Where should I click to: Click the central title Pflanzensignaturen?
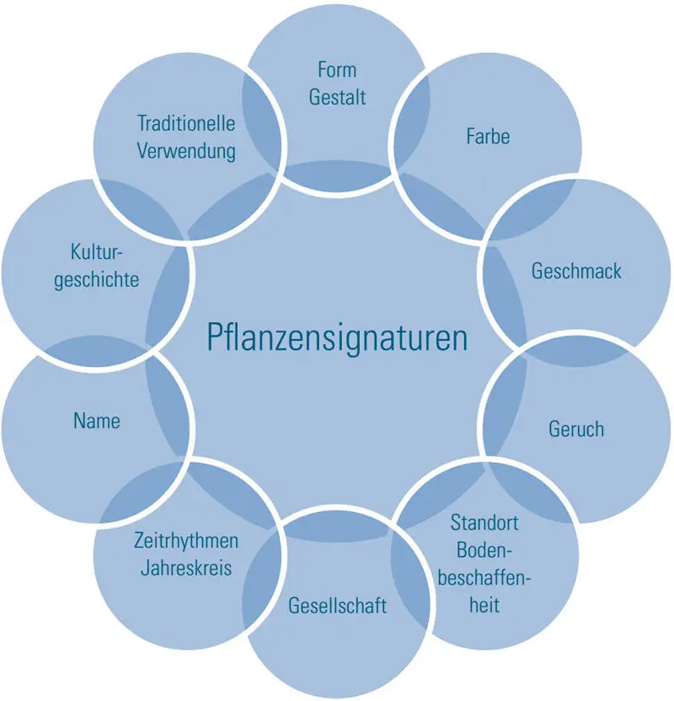(336, 338)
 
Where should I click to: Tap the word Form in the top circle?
(337, 69)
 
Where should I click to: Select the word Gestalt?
(337, 97)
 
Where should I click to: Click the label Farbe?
(488, 136)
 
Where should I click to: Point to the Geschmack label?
(576, 271)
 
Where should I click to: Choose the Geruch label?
(576, 429)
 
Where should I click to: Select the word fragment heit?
(484, 605)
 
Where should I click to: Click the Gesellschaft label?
(337, 605)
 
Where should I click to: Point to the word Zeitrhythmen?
(186, 540)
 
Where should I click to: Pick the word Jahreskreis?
(186, 567)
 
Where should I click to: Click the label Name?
(97, 420)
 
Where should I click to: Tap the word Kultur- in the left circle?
(97, 251)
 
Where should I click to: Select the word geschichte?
(97, 279)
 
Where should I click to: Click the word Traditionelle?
(186, 123)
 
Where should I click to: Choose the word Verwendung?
(186, 151)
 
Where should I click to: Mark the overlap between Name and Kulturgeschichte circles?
(80, 353)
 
